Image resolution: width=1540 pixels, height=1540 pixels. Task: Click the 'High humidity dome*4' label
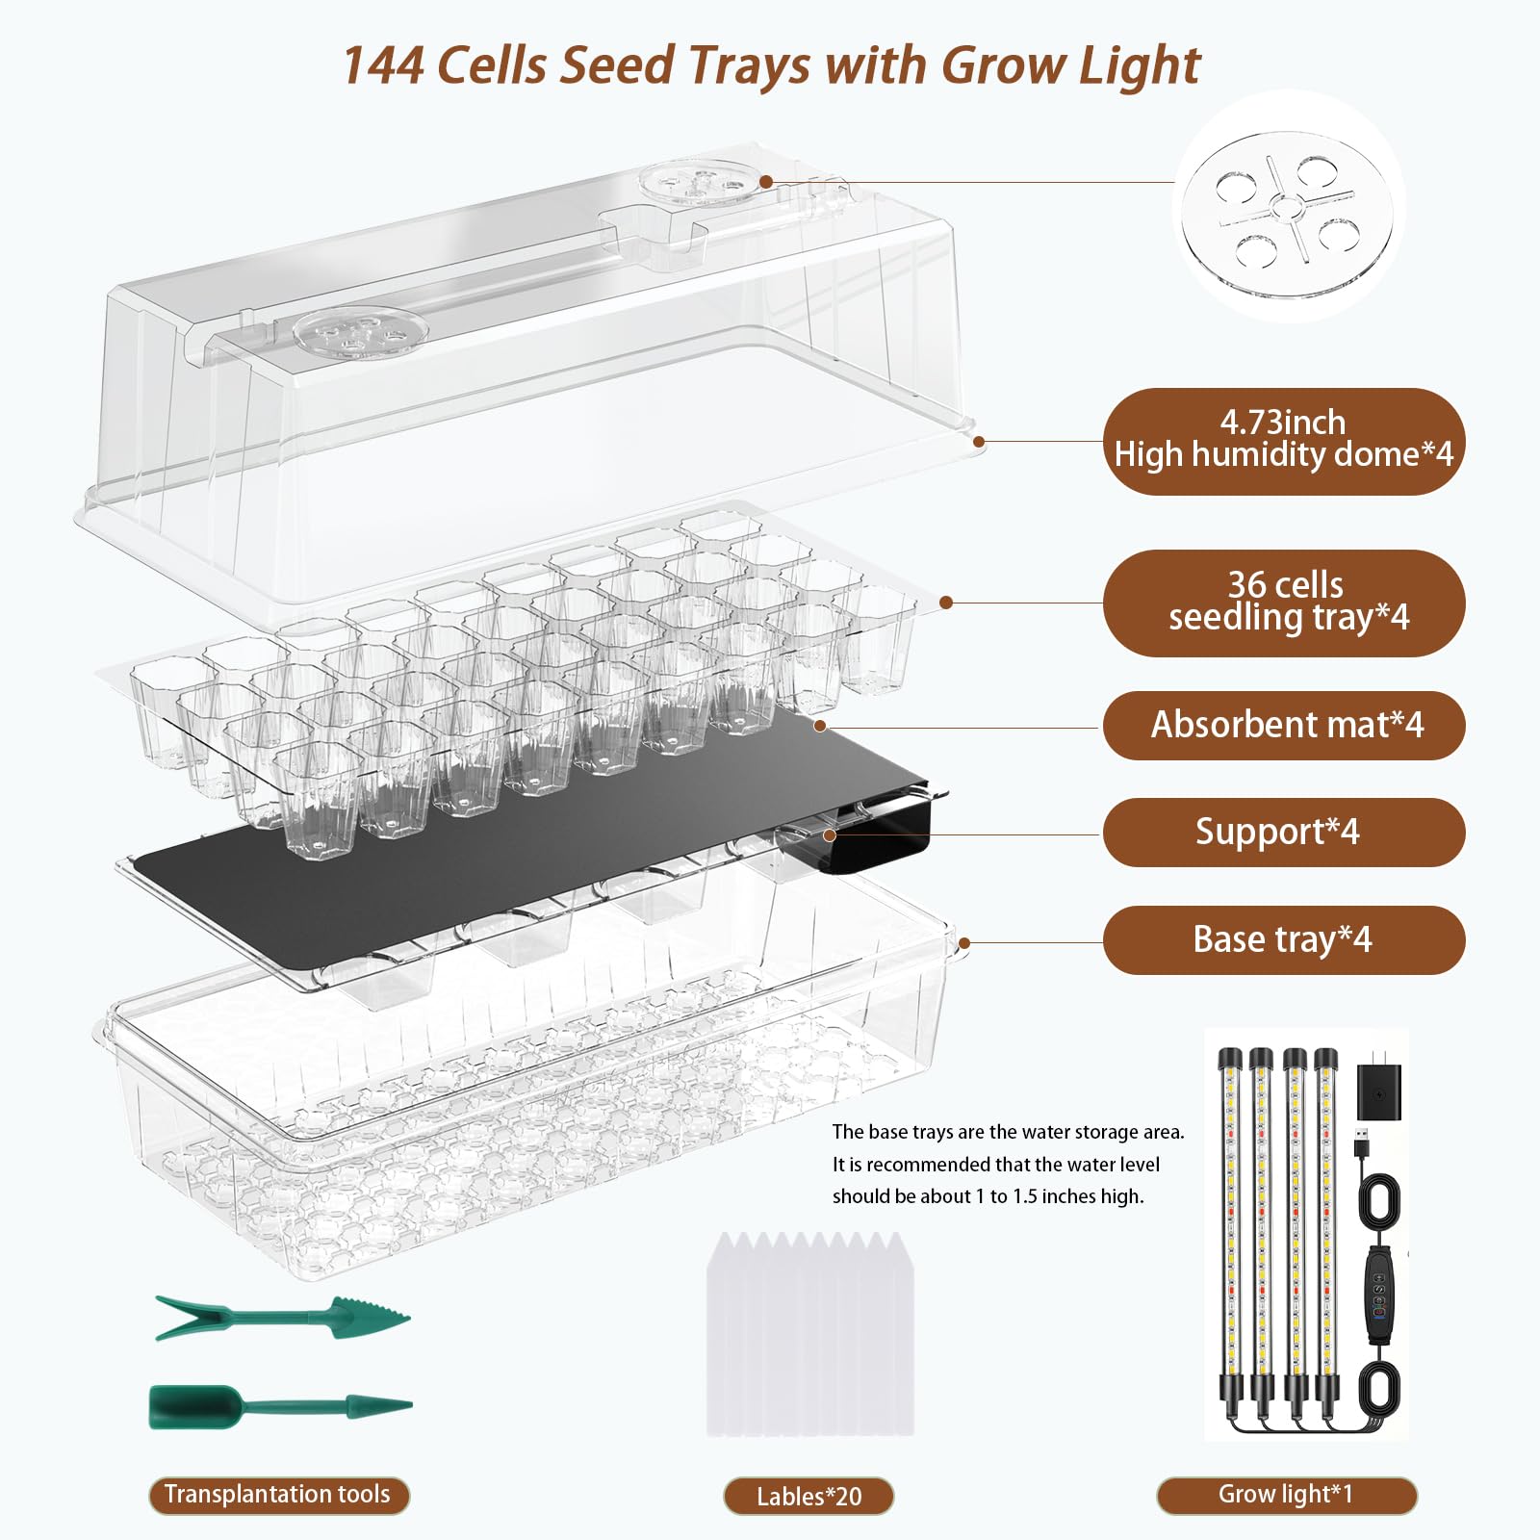coord(1284,442)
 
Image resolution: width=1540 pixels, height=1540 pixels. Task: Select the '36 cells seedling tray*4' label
coord(1284,603)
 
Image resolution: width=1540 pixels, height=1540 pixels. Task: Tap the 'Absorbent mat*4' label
coord(1284,726)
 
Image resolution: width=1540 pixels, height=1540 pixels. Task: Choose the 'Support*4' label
coord(1284,833)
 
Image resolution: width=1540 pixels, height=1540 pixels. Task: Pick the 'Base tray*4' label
coord(1284,940)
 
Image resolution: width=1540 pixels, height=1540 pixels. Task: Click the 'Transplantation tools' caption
coord(279,1495)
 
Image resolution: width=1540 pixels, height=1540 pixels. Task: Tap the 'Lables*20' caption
coord(808,1497)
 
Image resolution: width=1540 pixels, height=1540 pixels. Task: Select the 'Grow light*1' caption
coord(1287,1495)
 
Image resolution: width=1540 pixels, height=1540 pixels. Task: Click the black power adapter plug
coord(1378,1092)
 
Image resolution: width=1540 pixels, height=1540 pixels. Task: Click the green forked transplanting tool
coord(282,1318)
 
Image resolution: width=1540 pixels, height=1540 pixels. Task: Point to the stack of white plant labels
coord(809,1334)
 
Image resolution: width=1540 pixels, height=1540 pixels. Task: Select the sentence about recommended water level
coord(996,1180)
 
